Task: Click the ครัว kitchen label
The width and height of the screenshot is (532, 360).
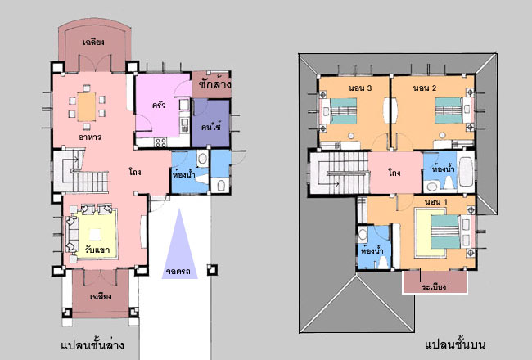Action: (x=159, y=105)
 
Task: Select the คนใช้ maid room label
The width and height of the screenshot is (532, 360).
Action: (x=211, y=127)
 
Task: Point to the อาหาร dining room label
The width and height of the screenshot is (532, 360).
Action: (x=90, y=137)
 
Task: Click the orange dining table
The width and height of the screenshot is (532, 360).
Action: (x=87, y=107)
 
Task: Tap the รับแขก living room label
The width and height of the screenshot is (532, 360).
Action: (x=97, y=250)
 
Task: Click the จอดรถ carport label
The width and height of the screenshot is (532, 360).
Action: (x=178, y=272)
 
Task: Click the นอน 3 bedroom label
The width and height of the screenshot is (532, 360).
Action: (x=360, y=88)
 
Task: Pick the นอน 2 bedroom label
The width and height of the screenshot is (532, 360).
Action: (x=425, y=88)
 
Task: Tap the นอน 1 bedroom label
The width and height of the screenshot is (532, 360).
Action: (x=435, y=202)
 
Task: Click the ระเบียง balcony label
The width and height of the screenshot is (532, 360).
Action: (x=435, y=286)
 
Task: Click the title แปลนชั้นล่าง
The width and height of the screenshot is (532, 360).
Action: (x=92, y=345)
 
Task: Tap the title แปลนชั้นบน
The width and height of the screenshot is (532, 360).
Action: (x=455, y=344)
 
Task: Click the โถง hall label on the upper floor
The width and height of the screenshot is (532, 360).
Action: (x=394, y=173)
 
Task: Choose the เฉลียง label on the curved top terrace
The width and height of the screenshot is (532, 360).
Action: (x=93, y=43)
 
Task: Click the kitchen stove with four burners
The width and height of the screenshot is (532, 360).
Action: (x=160, y=142)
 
